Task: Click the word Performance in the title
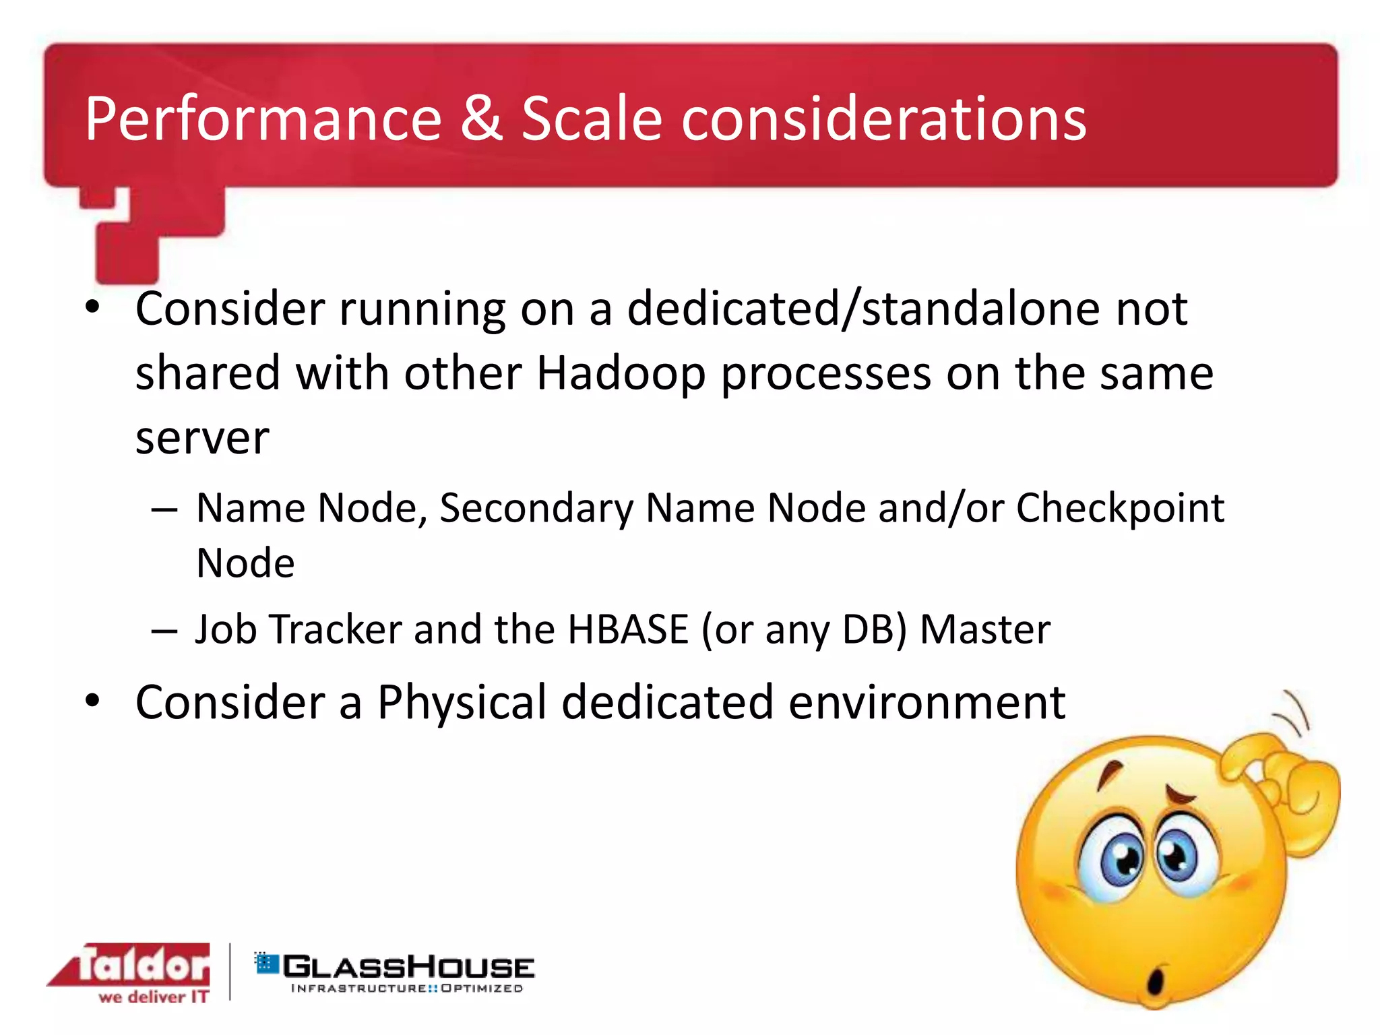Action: (263, 120)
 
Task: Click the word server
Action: (202, 438)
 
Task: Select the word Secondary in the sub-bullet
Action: (536, 508)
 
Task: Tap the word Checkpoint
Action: (1119, 509)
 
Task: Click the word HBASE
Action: (627, 629)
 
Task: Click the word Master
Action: (984, 629)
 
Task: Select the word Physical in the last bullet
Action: (462, 703)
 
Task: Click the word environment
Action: (927, 703)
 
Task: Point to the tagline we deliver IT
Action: (154, 997)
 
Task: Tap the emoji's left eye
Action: (1121, 860)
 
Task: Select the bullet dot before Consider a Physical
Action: (92, 701)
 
